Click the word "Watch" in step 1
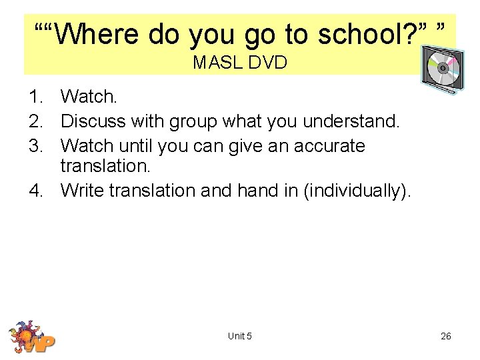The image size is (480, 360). coord(87,97)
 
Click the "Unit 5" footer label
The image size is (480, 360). coord(239,336)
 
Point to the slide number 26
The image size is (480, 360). coord(446,336)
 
